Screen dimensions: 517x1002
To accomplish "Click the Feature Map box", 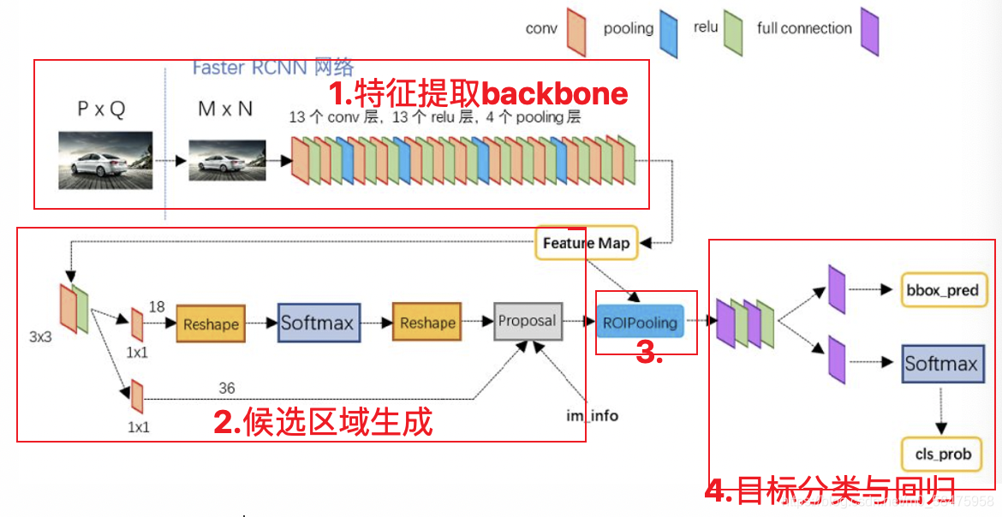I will click(x=586, y=243).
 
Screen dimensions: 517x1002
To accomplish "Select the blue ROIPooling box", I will click(x=640, y=322).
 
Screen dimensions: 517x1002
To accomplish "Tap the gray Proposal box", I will click(x=528, y=321).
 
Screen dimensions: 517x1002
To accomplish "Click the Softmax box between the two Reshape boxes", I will click(x=318, y=323).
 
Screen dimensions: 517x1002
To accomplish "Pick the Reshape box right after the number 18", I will click(x=211, y=324).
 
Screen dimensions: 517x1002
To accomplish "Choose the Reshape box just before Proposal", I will click(x=427, y=323).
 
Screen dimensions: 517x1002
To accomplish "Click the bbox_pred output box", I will click(x=942, y=290).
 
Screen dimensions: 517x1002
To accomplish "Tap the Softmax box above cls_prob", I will click(x=941, y=364).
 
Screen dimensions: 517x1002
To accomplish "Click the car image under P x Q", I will click(x=105, y=160).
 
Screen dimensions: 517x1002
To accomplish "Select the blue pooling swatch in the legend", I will click(x=668, y=33).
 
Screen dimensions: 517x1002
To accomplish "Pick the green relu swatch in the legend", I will click(x=733, y=32).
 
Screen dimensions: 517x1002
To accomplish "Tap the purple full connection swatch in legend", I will click(x=870, y=32).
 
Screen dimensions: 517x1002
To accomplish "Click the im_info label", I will click(x=592, y=416).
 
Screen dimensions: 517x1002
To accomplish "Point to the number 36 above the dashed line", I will click(x=226, y=389).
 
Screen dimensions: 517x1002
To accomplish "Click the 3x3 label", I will click(x=40, y=336).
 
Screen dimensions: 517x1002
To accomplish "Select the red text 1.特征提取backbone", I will click(x=479, y=93).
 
